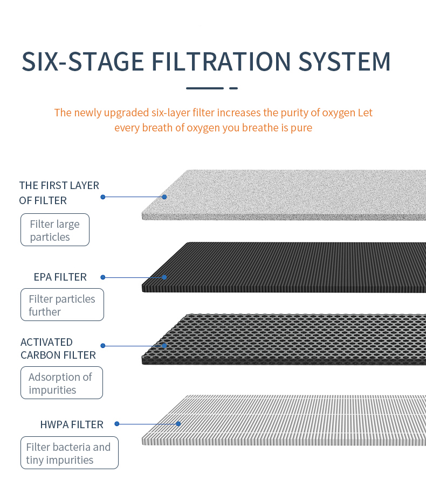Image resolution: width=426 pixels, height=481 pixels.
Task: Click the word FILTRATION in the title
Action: (221, 61)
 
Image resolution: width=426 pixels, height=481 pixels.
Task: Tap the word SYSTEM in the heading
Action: (345, 61)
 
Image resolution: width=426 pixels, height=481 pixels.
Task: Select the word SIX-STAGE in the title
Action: (83, 61)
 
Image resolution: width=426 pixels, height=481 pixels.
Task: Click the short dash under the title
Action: (233, 88)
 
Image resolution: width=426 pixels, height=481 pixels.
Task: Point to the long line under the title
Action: (205, 88)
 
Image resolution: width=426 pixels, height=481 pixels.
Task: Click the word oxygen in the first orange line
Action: (338, 113)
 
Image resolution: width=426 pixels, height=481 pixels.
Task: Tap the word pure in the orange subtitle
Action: (301, 128)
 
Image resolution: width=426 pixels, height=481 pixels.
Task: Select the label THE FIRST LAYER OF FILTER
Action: (59, 193)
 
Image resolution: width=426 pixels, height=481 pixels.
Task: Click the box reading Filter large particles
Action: (55, 230)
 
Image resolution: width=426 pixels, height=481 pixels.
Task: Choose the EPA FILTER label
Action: (60, 277)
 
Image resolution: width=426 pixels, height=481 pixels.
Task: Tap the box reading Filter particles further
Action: (63, 305)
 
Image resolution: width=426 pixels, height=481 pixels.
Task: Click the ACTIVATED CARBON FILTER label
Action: (58, 348)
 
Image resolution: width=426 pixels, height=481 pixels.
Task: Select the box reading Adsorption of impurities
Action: (61, 383)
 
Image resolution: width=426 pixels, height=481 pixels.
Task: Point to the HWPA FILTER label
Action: (72, 424)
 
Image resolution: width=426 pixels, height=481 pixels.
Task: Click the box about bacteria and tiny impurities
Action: (70, 453)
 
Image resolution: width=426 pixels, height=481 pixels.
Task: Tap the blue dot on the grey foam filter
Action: (164, 197)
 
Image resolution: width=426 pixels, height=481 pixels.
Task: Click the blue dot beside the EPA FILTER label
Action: (103, 277)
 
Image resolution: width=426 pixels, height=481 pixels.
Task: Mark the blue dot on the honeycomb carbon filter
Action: (164, 346)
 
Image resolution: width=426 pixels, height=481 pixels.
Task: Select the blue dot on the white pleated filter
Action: (178, 424)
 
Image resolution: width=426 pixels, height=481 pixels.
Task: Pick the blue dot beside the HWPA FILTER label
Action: (116, 424)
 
